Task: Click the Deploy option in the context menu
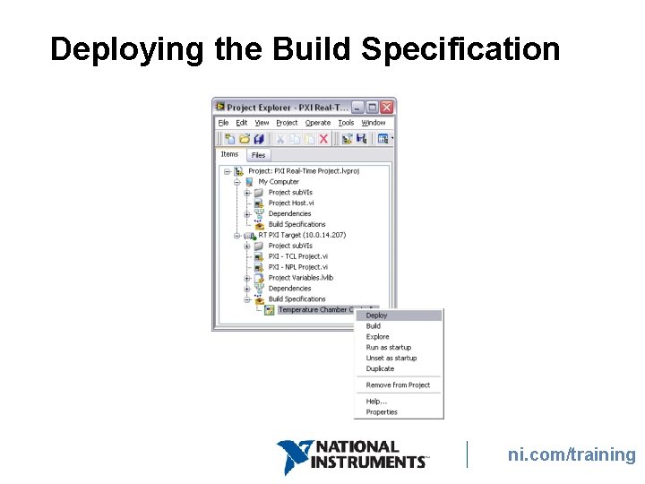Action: tap(377, 315)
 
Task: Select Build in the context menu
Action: tap(374, 326)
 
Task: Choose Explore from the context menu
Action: tap(377, 337)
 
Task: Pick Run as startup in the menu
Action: tap(389, 348)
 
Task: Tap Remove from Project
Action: tap(398, 385)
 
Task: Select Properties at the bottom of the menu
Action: tap(382, 412)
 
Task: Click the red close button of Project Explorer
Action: tap(387, 107)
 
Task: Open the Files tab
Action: tap(258, 155)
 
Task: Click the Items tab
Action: tap(230, 154)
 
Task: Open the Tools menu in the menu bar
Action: tap(346, 123)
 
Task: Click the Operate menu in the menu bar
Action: tap(318, 123)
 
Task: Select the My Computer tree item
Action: tap(279, 182)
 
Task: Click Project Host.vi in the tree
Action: tap(291, 203)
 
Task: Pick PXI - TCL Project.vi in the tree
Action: tap(298, 256)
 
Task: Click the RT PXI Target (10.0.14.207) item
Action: tap(302, 235)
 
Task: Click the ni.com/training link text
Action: tap(572, 454)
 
